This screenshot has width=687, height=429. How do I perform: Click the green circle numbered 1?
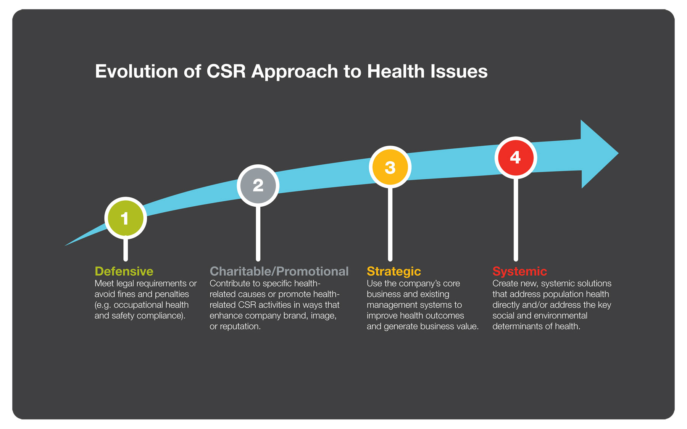coord(125,218)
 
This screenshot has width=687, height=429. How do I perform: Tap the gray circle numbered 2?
coord(258,185)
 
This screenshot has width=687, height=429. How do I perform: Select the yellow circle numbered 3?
coord(390,167)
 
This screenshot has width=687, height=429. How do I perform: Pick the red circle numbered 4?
coord(515,157)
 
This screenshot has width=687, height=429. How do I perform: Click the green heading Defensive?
coord(124,271)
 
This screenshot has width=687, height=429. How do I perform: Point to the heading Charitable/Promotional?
coord(279,271)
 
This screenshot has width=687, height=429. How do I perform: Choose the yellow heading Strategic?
coord(393,271)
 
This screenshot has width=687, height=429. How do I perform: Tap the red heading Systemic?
coord(519,271)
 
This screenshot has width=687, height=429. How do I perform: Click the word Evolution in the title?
coord(136,71)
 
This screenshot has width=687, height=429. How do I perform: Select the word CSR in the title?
coord(226,71)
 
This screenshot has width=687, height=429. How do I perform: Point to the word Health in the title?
coord(395,71)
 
